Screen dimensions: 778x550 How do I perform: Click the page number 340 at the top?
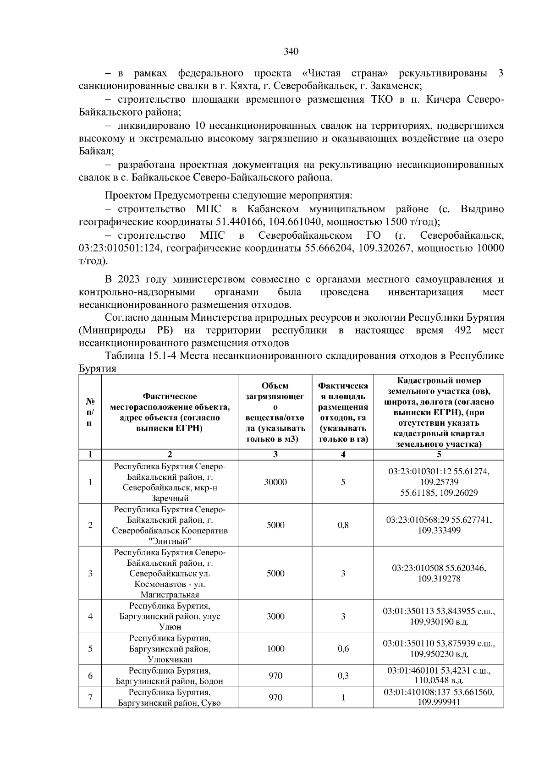click(x=291, y=51)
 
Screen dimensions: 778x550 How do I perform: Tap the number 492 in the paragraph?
click(x=462, y=330)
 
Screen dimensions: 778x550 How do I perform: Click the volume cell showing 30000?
click(x=275, y=482)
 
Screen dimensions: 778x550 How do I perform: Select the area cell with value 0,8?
click(x=343, y=525)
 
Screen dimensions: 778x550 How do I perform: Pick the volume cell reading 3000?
click(x=275, y=616)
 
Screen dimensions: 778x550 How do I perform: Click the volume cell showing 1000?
click(x=275, y=649)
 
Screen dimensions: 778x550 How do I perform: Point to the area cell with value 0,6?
click(x=343, y=649)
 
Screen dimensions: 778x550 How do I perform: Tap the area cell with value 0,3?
click(x=343, y=676)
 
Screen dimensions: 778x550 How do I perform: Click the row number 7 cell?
click(x=90, y=697)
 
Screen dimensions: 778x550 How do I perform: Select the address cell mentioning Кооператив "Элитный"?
click(x=170, y=525)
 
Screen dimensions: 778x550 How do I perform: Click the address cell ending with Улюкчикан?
click(x=170, y=649)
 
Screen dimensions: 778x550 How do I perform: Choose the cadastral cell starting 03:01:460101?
click(x=439, y=676)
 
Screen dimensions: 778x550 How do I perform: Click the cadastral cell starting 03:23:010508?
click(x=439, y=574)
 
